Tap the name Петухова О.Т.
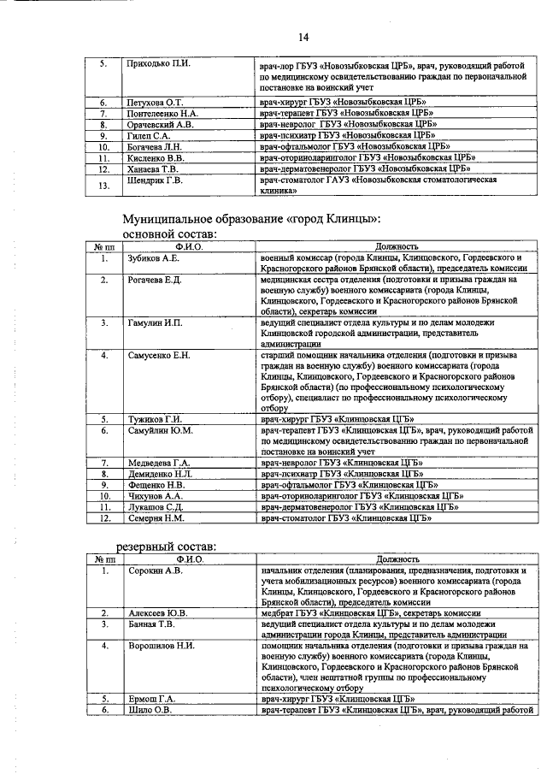click(x=155, y=103)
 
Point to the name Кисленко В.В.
click(x=156, y=158)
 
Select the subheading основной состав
click(x=172, y=233)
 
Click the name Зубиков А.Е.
click(x=153, y=257)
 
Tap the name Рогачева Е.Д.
click(x=155, y=280)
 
